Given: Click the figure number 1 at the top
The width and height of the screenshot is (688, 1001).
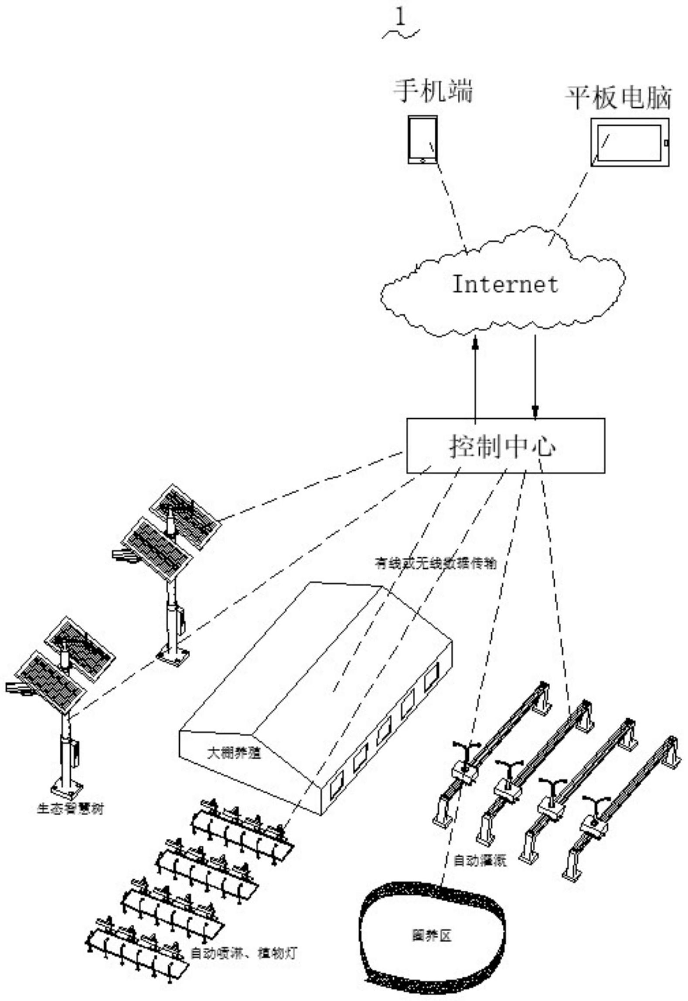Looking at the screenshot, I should coord(400,18).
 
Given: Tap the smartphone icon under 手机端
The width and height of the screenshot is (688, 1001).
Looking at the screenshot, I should coord(422,140).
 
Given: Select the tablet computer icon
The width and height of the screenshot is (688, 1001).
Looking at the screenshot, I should coord(630,142).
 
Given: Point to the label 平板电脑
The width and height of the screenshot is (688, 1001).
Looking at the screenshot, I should coord(618,98).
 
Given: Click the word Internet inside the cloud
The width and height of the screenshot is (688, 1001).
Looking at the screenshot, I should coord(505,284).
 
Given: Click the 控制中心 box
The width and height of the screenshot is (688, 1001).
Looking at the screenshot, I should coord(505,446).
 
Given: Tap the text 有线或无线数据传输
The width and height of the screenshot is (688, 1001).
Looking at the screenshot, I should coord(436,563).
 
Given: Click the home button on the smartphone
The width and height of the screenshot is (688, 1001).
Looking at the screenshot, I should coord(422,161).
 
